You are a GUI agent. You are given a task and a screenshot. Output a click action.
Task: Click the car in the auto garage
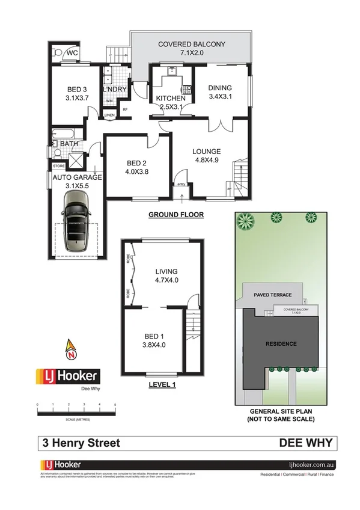click(x=76, y=226)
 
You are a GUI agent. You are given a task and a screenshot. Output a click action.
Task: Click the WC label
click(x=72, y=52)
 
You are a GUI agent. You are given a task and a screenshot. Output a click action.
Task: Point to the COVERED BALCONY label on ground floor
click(x=191, y=44)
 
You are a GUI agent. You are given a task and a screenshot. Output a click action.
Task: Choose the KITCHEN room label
click(x=171, y=99)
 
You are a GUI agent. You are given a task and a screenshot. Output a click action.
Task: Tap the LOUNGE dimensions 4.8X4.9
click(x=206, y=161)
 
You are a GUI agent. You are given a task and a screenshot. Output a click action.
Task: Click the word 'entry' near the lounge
click(x=181, y=185)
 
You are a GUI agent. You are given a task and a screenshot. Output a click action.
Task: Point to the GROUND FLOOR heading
click(x=176, y=215)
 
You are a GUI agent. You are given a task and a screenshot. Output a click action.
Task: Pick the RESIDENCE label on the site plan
click(x=281, y=344)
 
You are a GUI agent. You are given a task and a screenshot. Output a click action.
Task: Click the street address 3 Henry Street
click(x=81, y=443)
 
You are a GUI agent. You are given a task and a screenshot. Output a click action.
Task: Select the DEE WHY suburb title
click(x=305, y=443)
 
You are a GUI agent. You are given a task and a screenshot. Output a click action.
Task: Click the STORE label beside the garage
click(x=58, y=165)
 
